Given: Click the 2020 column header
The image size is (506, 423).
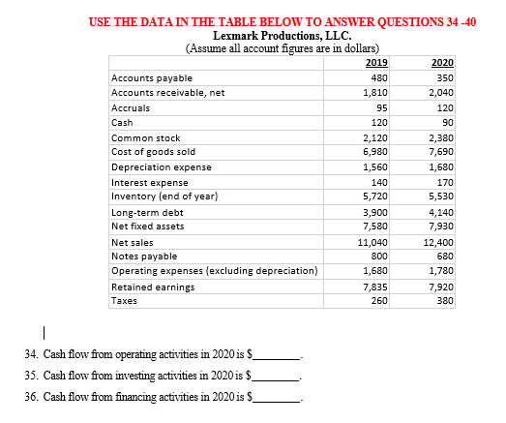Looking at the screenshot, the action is pos(443,63).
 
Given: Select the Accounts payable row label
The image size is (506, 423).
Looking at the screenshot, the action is pos(153,78).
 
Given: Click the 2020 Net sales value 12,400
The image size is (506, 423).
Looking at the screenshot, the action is pos(440,242).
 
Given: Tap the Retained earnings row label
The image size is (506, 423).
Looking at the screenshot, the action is pos(154,287).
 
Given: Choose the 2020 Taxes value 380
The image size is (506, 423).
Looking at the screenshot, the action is pos(445,301).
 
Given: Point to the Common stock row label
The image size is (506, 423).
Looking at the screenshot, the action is pos(146,138).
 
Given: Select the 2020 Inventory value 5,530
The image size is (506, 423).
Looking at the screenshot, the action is pos(443,196).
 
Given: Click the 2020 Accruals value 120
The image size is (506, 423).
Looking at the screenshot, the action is pos(445,108).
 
